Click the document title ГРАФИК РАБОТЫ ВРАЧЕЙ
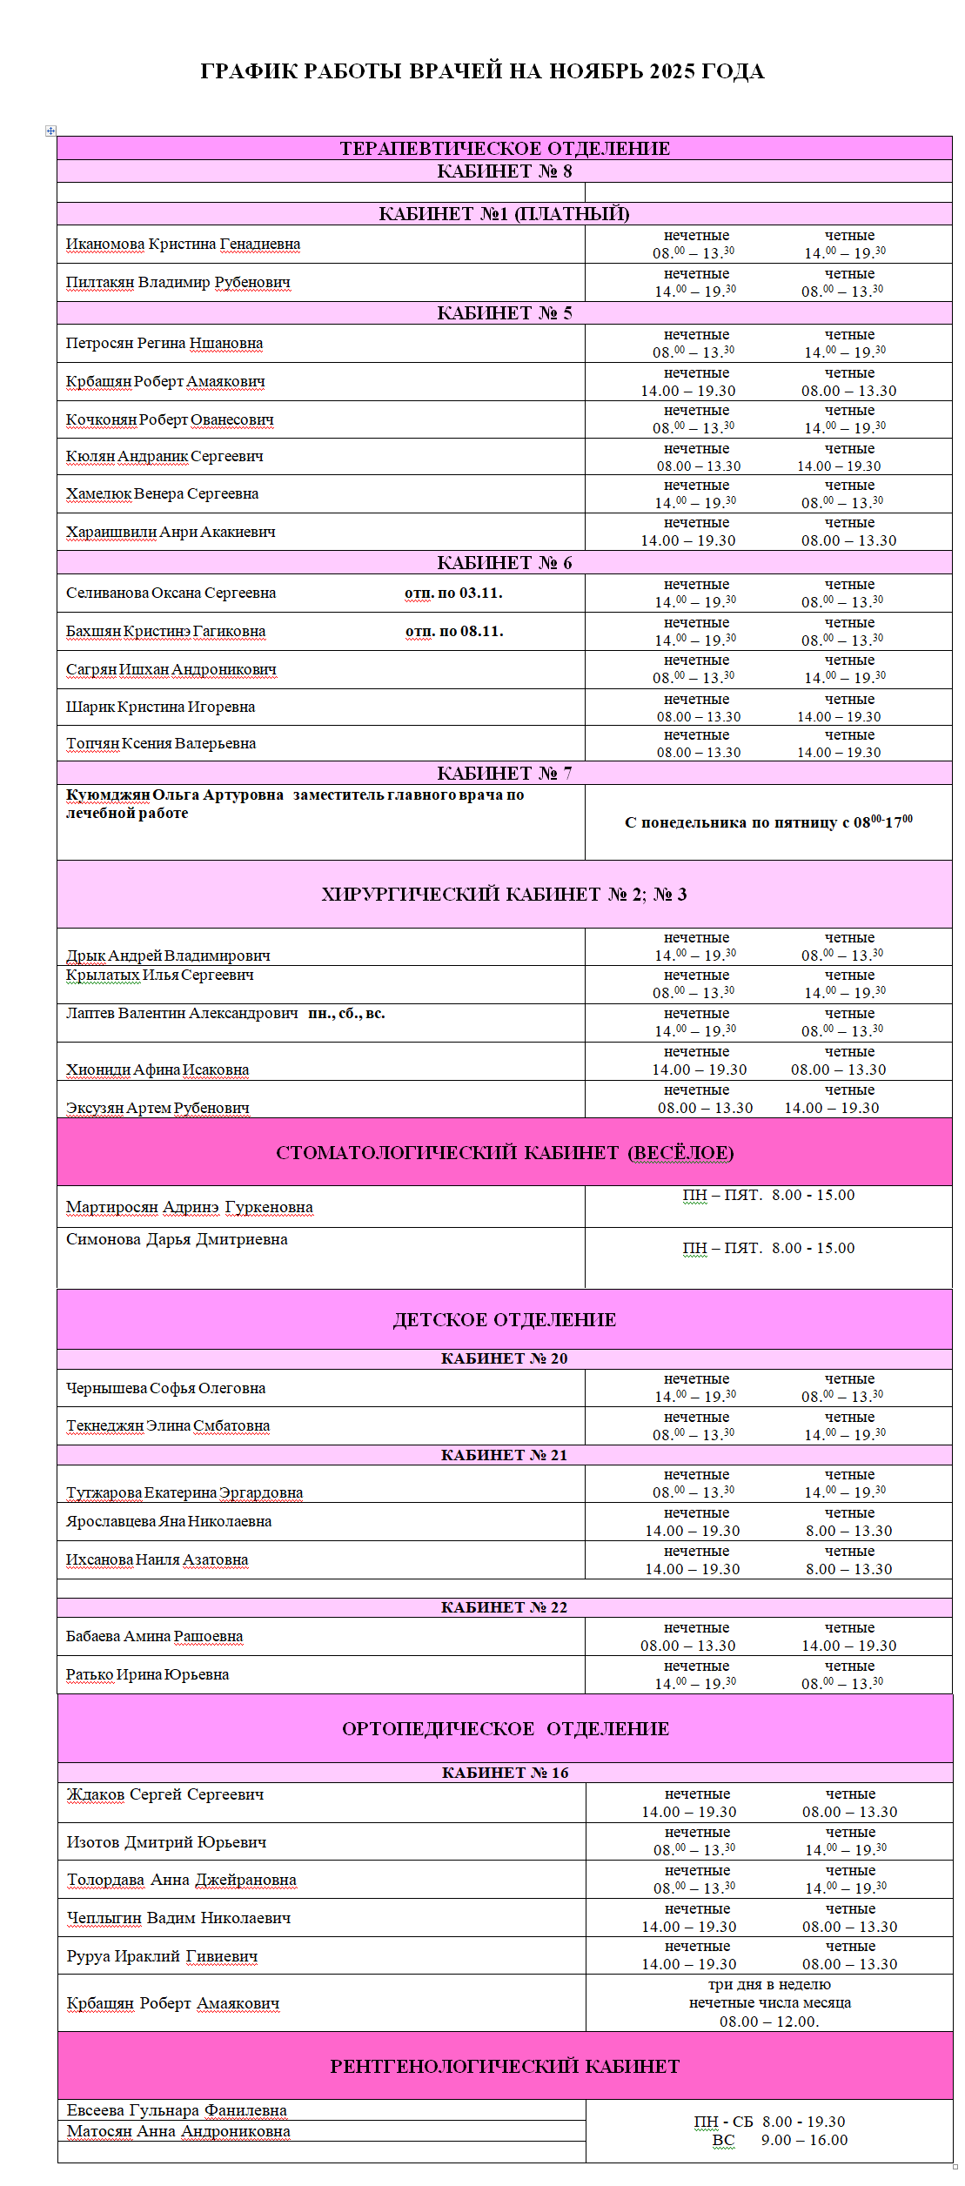tap(482, 71)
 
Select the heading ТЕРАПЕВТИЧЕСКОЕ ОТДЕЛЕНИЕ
tap(505, 148)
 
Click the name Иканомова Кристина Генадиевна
tap(183, 245)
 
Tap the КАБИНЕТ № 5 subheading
tap(505, 313)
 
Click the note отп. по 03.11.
tap(453, 593)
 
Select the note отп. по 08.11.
tap(454, 632)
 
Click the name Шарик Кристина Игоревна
tap(160, 707)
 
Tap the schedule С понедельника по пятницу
tap(768, 822)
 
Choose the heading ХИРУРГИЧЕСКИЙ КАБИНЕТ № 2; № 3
tap(505, 895)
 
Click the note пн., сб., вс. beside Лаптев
tap(346, 1014)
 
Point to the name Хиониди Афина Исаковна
tap(157, 1070)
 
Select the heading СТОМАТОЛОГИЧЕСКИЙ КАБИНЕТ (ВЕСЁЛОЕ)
tap(505, 1153)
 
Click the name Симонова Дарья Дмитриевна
tap(177, 1240)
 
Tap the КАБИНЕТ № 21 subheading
tap(505, 1456)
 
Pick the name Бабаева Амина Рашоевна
tap(154, 1637)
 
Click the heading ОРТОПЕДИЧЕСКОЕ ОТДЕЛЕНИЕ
tap(506, 1729)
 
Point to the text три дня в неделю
tap(769, 1985)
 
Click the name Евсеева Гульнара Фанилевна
tap(177, 2110)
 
